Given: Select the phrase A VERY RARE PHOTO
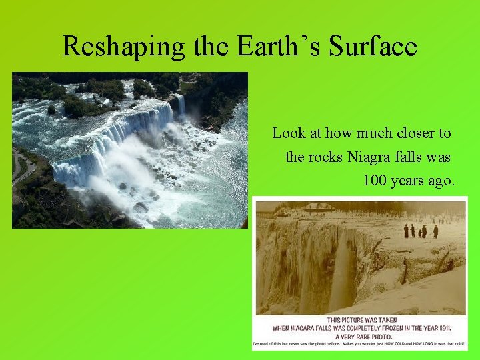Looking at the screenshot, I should [x=360, y=336].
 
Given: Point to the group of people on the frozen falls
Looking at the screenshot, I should [x=420, y=231].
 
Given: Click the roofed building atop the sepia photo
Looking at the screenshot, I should [x=318, y=207].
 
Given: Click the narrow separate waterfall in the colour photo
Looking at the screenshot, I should [x=180, y=105].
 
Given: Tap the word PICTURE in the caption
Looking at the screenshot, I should [x=359, y=321].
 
